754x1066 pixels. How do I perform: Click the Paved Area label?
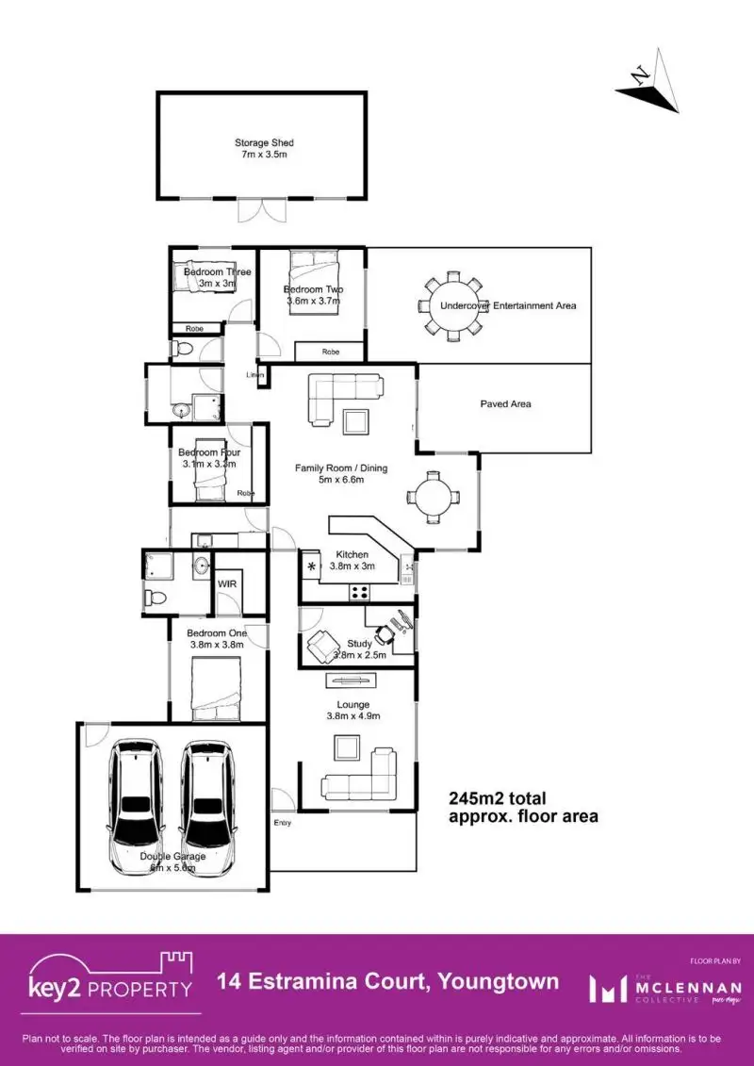[506, 404]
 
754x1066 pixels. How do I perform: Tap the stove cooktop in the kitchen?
[359, 592]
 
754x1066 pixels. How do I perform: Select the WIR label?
[227, 584]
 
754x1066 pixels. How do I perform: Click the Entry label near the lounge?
[283, 823]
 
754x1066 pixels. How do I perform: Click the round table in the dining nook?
[433, 497]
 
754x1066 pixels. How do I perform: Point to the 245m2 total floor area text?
[522, 808]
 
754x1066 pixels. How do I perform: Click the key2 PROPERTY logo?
[111, 981]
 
